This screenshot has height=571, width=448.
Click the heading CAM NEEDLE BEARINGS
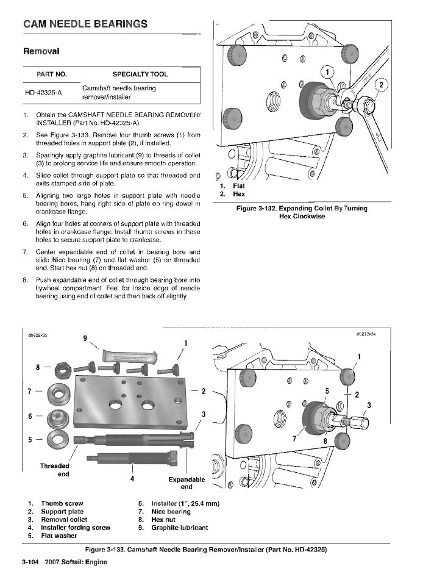[85, 24]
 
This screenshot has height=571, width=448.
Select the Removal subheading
[41, 51]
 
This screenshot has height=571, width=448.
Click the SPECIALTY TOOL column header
[140, 74]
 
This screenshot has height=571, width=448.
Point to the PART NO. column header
[52, 74]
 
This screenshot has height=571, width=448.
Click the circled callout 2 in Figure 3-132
[382, 85]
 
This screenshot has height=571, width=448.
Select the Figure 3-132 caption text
[302, 212]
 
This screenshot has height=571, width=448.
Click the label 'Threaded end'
[54, 470]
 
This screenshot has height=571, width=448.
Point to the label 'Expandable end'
[187, 483]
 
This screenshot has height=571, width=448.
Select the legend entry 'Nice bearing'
[171, 512]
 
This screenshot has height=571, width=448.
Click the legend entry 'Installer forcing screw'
[76, 527]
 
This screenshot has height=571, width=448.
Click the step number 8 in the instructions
[25, 281]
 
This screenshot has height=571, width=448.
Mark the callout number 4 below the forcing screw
[132, 479]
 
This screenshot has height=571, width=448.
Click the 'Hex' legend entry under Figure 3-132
[239, 194]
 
